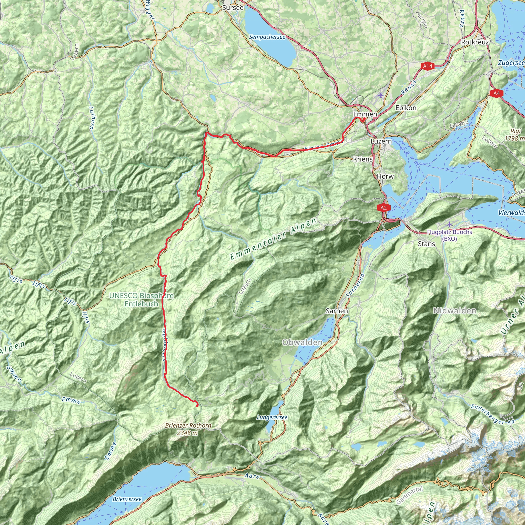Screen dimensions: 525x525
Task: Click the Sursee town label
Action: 233,8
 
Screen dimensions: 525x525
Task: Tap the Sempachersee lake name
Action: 267,37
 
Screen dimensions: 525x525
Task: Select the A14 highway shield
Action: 427,66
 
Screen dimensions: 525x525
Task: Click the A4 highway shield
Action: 496,94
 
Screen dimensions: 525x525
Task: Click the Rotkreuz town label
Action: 475,42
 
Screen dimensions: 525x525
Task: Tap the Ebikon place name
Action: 406,108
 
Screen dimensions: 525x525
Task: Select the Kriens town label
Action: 362,159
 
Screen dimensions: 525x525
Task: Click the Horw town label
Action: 385,176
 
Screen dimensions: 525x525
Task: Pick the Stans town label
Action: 426,244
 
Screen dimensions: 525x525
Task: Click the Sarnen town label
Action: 337,311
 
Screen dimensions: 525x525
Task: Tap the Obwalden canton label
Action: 302,342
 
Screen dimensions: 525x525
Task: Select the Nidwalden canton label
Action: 455,311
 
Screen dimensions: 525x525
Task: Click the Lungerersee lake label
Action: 272,418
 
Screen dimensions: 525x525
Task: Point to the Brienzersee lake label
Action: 127,499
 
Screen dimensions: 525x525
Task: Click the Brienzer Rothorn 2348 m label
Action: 188,429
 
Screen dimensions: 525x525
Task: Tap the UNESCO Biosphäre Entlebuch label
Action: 141,300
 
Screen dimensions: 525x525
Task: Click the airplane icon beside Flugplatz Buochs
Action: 449,225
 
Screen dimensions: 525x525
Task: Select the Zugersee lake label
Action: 511,63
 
